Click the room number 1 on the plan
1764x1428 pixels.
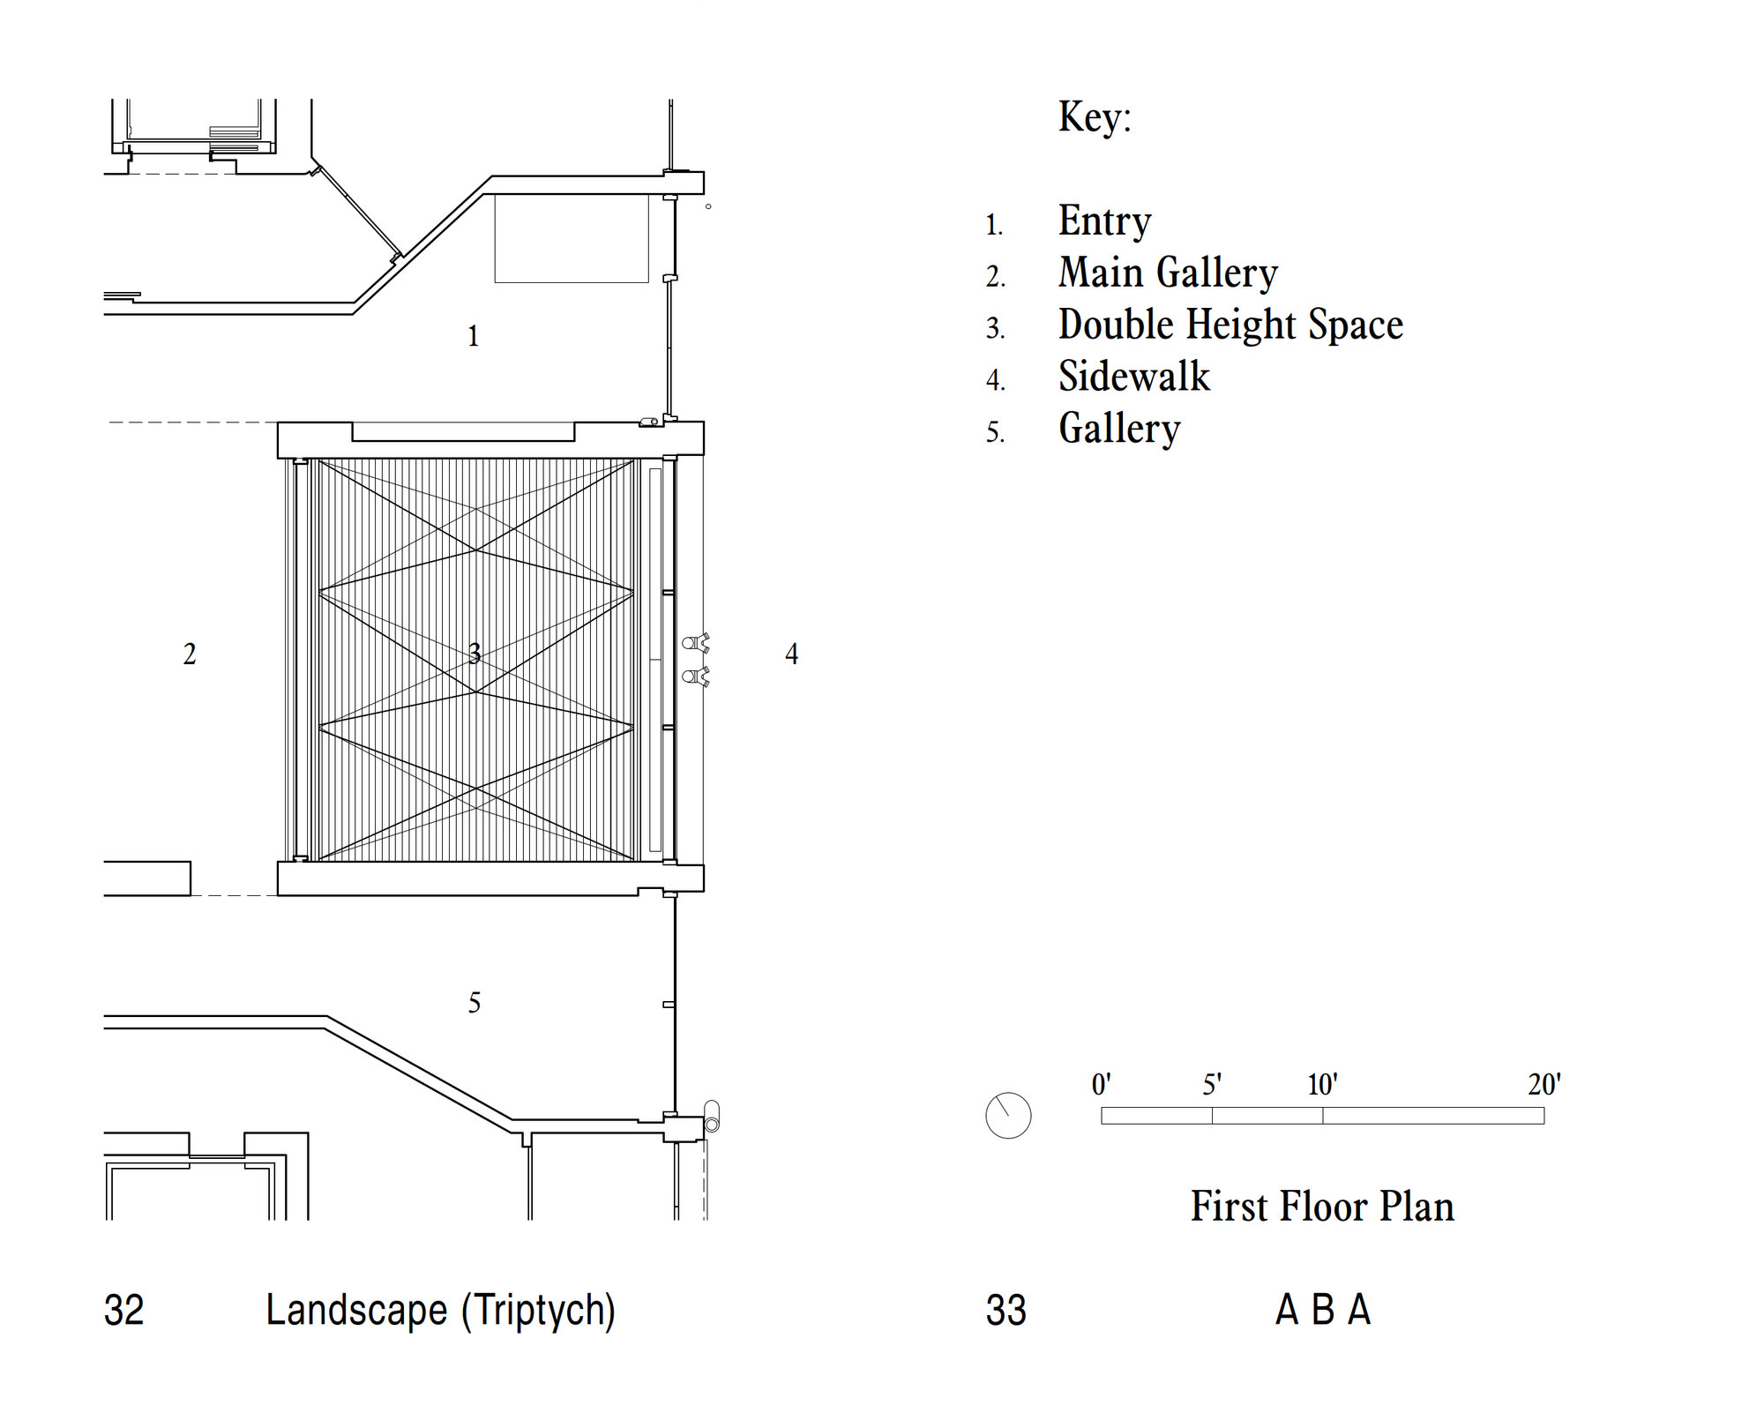pos(474,336)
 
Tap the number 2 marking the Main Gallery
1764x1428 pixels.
pos(190,654)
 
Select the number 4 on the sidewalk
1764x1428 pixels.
pos(792,654)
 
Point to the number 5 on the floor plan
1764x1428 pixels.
pos(475,1003)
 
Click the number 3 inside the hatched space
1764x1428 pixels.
pos(475,654)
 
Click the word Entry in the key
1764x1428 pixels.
pos(1104,221)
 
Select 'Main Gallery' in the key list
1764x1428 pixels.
pos(1168,273)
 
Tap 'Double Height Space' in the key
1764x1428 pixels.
pos(1230,325)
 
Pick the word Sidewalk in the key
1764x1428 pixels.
pos(1134,377)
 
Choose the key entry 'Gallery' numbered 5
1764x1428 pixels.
pos(1119,429)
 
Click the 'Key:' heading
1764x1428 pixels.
pos(1095,116)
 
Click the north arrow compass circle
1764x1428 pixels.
pos(1008,1116)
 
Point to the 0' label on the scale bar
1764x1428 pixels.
pos(1102,1084)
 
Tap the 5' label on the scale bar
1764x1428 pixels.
pos(1212,1084)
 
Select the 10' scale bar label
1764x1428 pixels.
pos(1322,1084)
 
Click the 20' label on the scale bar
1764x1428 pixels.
pos(1544,1084)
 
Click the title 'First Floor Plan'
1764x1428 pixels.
pos(1322,1207)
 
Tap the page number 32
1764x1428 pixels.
pos(123,1311)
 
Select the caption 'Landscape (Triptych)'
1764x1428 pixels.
pos(440,1311)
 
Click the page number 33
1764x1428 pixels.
pos(1006,1311)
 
